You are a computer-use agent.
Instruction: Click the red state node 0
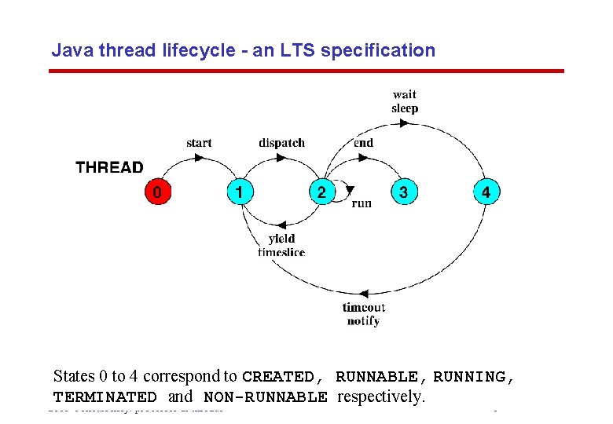click(x=158, y=192)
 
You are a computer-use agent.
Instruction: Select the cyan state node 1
click(x=240, y=192)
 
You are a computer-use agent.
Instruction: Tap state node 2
click(x=321, y=192)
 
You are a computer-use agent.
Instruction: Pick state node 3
click(x=403, y=192)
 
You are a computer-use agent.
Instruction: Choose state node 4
click(x=485, y=192)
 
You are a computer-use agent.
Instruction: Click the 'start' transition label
click(x=199, y=143)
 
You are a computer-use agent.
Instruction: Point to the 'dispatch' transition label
click(x=281, y=143)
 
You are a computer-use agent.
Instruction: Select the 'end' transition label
click(x=363, y=143)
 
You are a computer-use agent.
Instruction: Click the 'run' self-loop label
click(x=362, y=203)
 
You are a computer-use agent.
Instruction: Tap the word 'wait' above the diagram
click(x=405, y=95)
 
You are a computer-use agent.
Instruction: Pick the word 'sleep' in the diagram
click(x=405, y=108)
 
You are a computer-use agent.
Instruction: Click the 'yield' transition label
click(x=281, y=238)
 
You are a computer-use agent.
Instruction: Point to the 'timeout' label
click(x=363, y=308)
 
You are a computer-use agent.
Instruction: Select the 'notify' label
click(x=363, y=320)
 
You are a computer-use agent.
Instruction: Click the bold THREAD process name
click(x=109, y=167)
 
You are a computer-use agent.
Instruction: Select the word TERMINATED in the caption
click(x=105, y=397)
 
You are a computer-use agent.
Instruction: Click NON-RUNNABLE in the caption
click(x=266, y=397)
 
